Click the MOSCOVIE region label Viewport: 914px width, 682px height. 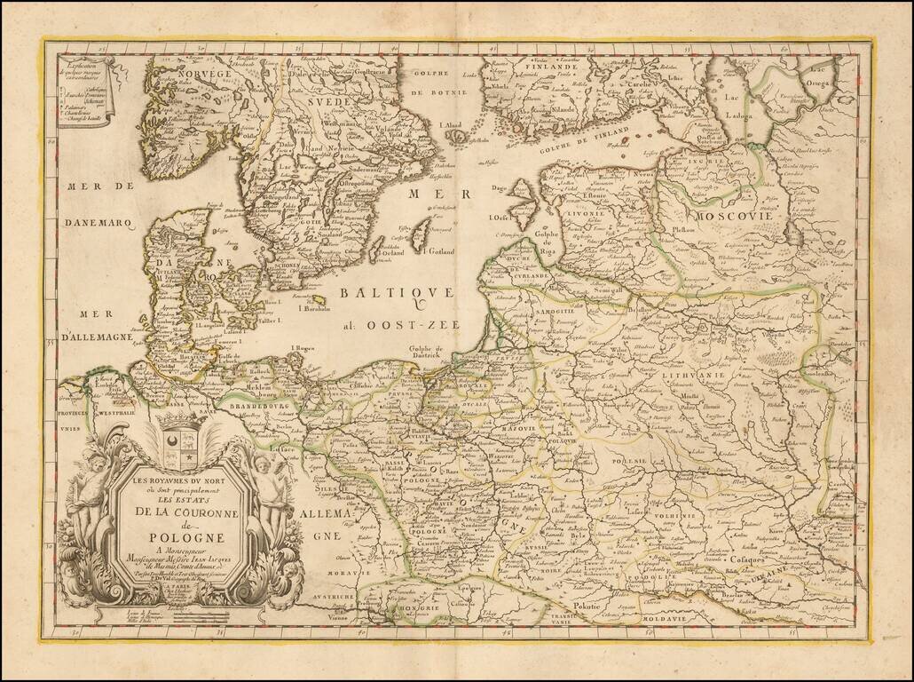(x=737, y=216)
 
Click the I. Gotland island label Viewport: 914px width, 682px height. (x=438, y=251)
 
